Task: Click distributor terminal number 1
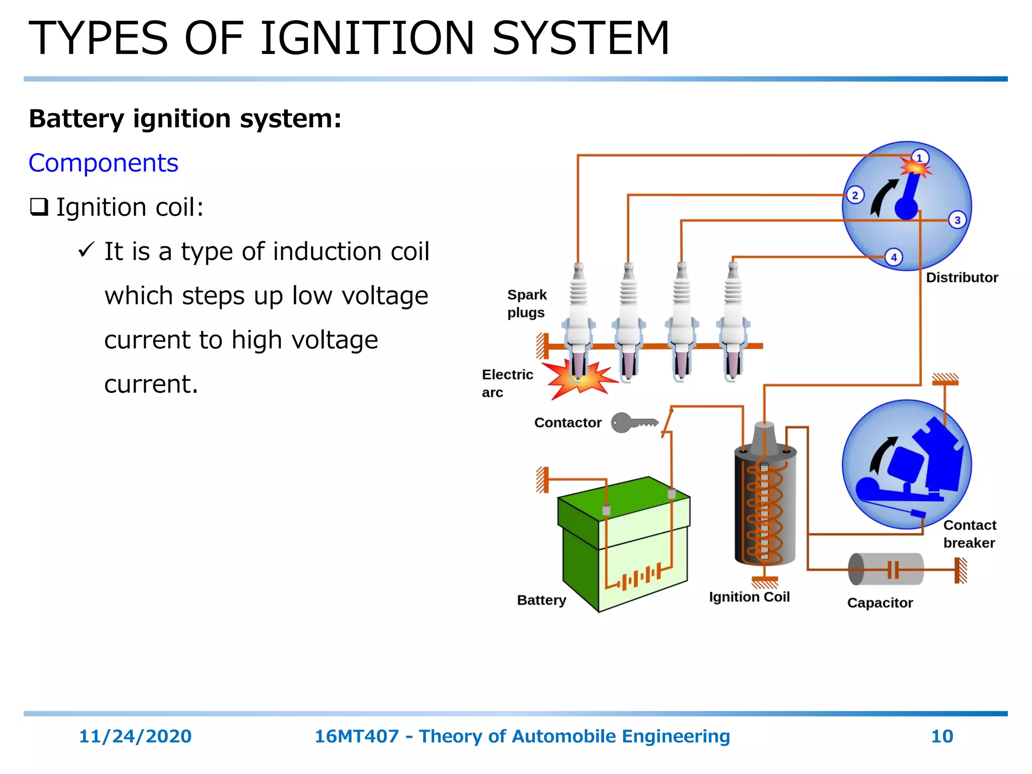pos(920,158)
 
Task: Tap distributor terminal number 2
pos(855,195)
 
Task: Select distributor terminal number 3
pos(957,220)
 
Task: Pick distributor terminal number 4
pos(894,257)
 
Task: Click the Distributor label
pos(961,278)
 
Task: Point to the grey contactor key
pos(633,422)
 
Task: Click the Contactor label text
pos(567,422)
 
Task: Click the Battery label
pos(541,600)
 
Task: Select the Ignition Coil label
pos(749,597)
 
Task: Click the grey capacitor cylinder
pos(885,569)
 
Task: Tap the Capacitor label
pos(879,603)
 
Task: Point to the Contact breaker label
pos(969,534)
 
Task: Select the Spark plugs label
pos(526,303)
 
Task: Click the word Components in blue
pos(103,163)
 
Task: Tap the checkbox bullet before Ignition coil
pos(39,207)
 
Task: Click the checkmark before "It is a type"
pos(86,249)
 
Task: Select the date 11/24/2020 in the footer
pos(135,736)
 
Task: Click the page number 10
pos(942,736)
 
